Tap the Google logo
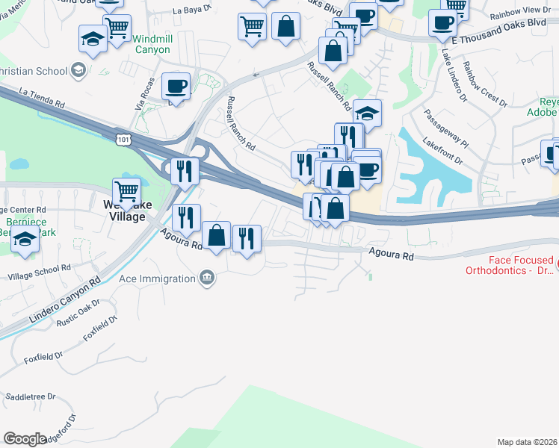pos(25,439)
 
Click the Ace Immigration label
pos(157,279)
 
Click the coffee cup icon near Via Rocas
pos(176,86)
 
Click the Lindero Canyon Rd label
pos(65,302)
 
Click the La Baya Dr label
pos(193,10)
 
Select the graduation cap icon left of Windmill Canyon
pos(93,39)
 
